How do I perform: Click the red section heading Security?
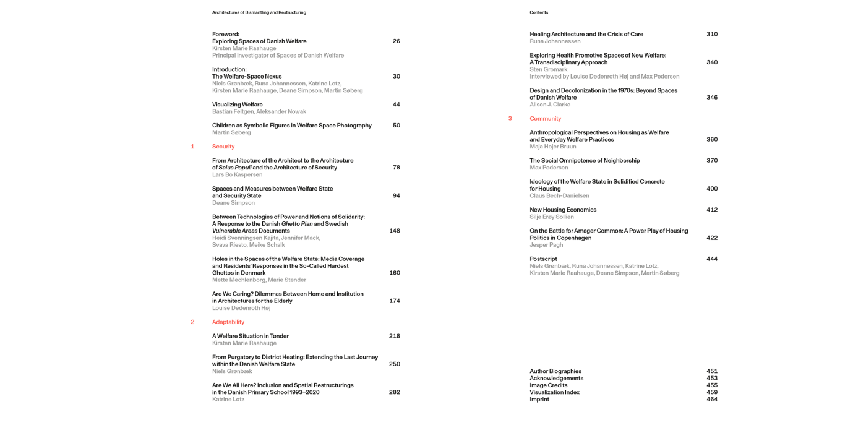tap(223, 147)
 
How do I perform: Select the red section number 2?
tap(192, 322)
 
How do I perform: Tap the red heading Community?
tap(545, 119)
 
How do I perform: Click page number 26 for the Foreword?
tap(396, 41)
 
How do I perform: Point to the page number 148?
tap(394, 231)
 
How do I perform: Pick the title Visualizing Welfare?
tap(237, 105)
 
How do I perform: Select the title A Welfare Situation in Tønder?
tap(250, 336)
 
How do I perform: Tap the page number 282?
tap(394, 392)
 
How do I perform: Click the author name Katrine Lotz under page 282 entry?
tap(228, 400)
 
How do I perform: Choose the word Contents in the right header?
tap(539, 12)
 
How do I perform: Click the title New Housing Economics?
tap(563, 210)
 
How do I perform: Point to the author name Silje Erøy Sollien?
tap(552, 217)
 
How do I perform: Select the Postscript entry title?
tap(543, 259)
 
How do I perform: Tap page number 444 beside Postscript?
tap(712, 259)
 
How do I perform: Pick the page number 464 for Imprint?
tap(712, 400)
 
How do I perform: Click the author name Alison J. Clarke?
tap(550, 105)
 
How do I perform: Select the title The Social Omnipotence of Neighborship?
tap(585, 161)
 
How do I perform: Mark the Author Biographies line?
tap(555, 371)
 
